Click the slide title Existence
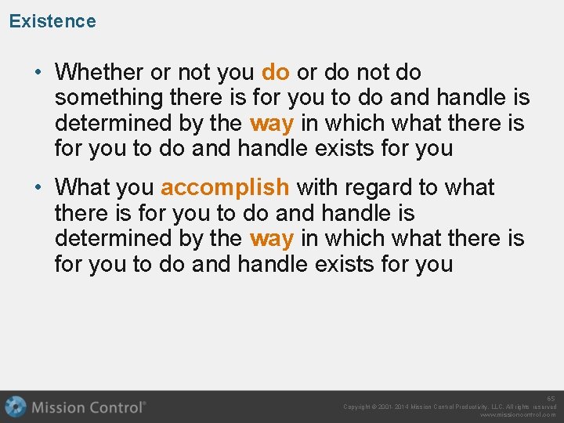(52, 21)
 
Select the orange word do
(275, 72)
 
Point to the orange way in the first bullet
(271, 124)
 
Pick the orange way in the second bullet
(271, 238)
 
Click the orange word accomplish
(225, 187)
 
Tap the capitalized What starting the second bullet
(82, 187)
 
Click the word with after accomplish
(316, 187)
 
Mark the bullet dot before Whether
(38, 73)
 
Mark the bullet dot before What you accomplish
(38, 188)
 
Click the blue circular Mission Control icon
(15, 407)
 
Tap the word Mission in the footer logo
(60, 407)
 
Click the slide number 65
(551, 399)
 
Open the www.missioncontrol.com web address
(518, 415)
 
